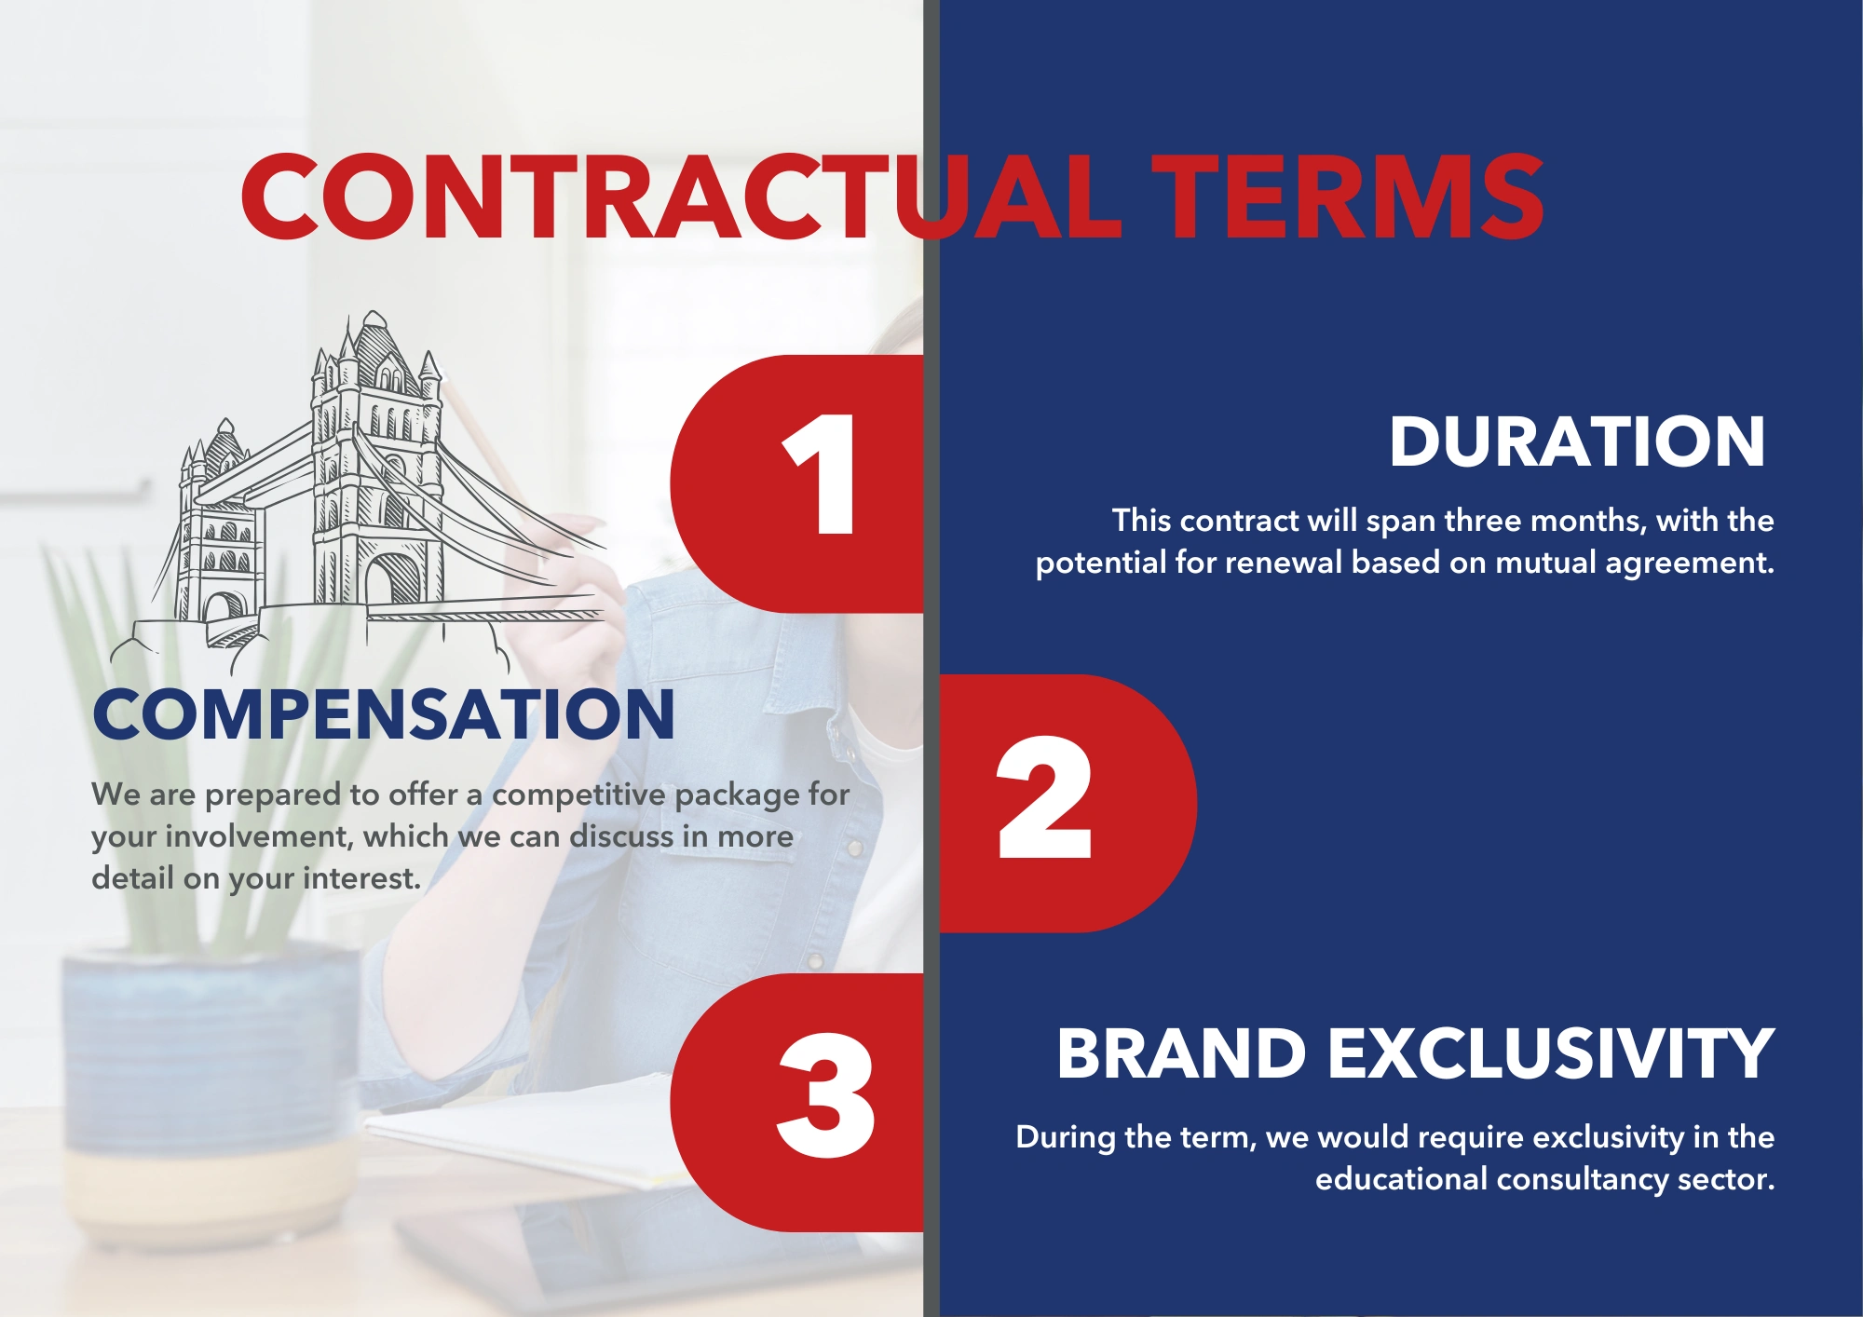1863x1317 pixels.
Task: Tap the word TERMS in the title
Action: tap(1348, 197)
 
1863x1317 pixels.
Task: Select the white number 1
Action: tap(819, 474)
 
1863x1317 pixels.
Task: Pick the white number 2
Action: tap(1043, 797)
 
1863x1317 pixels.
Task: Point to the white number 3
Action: tap(826, 1095)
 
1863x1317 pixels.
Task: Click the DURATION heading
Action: tap(1577, 441)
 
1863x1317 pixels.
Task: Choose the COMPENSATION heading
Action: tap(383, 714)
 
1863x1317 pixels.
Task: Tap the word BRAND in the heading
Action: tap(1181, 1053)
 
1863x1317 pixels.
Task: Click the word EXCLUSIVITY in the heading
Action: tap(1551, 1053)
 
